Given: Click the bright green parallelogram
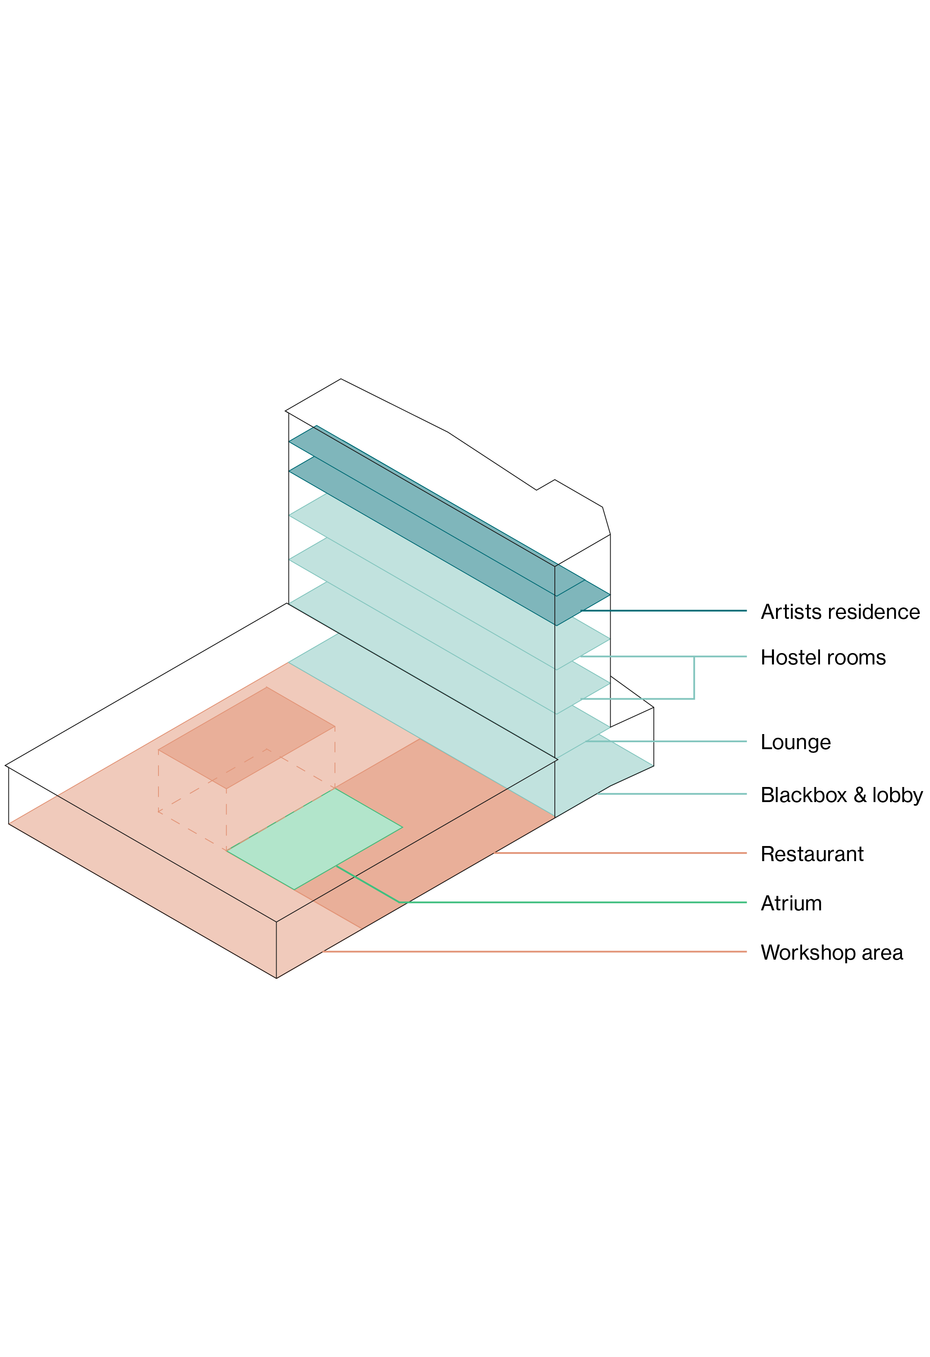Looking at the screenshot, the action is [315, 840].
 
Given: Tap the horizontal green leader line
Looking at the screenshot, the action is [572, 902].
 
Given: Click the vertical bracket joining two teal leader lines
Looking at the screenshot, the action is [694, 677].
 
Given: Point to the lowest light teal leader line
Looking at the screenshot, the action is [672, 794].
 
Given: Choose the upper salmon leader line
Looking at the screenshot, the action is [619, 853].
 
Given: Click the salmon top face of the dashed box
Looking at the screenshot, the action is [246, 737].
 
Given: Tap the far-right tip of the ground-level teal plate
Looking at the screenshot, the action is [653, 765].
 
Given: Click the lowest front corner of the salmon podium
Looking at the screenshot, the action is [276, 978].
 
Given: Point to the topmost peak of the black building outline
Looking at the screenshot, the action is [341, 379].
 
